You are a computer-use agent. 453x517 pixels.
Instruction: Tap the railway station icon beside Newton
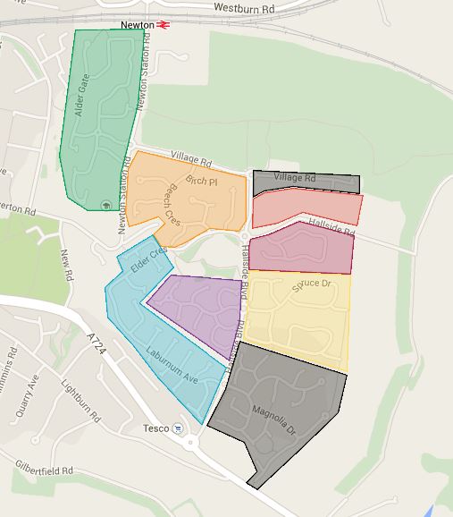tap(163, 25)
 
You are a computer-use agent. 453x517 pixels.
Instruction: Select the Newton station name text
tap(137, 25)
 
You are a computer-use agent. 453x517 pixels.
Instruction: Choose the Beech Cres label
tap(172, 207)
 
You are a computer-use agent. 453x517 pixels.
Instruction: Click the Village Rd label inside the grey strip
tap(295, 178)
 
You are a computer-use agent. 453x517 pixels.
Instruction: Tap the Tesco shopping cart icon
tap(179, 428)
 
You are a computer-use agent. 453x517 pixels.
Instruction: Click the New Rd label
tap(66, 264)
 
